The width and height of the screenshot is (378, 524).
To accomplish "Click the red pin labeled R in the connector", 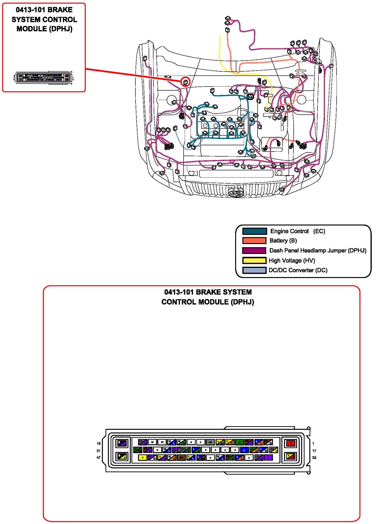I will (x=290, y=443).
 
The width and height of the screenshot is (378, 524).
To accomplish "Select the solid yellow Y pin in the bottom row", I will (x=142, y=458).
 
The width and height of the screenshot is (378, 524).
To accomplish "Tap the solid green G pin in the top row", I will (x=239, y=442).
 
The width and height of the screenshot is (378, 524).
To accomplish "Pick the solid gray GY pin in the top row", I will (x=210, y=442).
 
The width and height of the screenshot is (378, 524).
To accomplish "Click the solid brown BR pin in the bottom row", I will (x=181, y=458).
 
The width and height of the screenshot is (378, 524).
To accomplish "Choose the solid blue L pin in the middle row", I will (x=244, y=450).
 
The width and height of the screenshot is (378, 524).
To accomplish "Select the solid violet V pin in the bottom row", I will (x=268, y=458).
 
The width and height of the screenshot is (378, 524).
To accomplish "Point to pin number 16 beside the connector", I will (x=99, y=443).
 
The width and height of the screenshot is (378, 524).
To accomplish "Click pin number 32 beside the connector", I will (x=314, y=458).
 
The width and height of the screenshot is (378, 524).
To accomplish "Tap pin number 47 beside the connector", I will (x=99, y=458).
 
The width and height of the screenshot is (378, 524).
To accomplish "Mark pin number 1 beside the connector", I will (x=313, y=443).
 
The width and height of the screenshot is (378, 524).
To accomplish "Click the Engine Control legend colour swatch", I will (x=254, y=231).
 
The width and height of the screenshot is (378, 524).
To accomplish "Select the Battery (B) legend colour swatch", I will (x=254, y=240).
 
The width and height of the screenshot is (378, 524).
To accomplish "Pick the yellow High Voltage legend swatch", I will (x=254, y=260).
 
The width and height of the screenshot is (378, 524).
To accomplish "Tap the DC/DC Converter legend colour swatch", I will (x=254, y=270).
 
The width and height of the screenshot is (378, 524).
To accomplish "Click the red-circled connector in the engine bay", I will (x=185, y=82).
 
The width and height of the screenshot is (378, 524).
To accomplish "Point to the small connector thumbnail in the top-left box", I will (x=44, y=78).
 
